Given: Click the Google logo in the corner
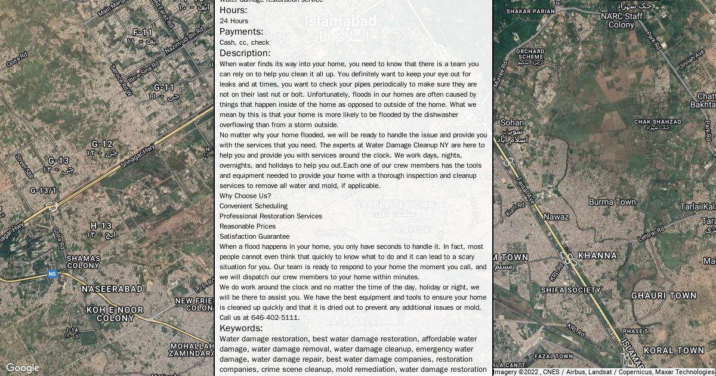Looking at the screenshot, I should (22, 368).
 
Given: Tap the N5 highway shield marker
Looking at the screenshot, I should (53, 274).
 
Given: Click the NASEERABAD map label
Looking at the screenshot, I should (112, 289).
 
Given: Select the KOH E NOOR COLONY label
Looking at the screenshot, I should (115, 314).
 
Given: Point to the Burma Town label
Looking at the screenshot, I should (612, 202).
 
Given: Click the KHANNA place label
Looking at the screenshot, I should (597, 255).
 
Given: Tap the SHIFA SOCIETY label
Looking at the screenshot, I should (570, 290).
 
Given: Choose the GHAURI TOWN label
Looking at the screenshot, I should (663, 295).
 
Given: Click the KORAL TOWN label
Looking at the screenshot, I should (674, 350).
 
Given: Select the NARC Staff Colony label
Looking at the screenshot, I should (621, 20).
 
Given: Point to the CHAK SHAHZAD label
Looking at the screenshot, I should (658, 124).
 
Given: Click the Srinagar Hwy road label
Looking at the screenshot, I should (138, 156).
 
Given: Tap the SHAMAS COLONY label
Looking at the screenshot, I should (83, 261).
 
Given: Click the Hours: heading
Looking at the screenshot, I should (233, 10).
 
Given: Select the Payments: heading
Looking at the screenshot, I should (241, 32).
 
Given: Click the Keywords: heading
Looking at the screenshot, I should (241, 328).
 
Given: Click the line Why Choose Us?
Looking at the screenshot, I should (245, 196).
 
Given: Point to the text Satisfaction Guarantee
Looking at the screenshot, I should (254, 236).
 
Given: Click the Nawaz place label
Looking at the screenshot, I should (556, 217).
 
